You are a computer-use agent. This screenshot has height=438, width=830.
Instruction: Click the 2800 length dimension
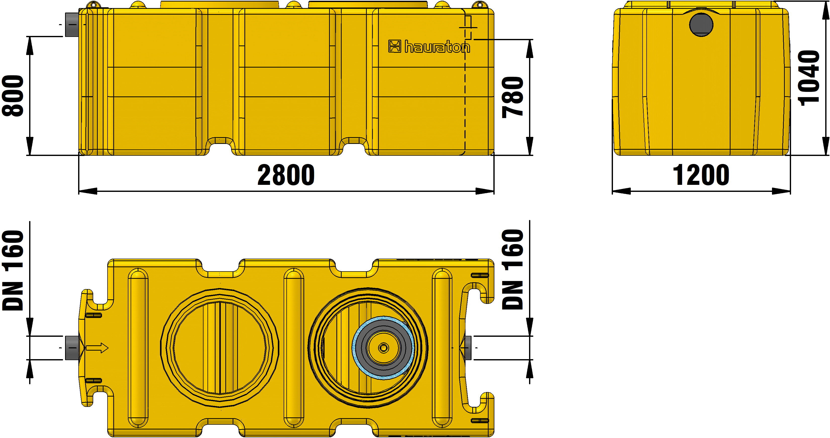pos(286,175)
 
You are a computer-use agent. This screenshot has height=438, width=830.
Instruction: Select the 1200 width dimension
pos(701,175)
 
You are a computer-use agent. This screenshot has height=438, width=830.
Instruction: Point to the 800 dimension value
pos(13,96)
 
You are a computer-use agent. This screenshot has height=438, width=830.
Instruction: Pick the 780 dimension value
pos(513,97)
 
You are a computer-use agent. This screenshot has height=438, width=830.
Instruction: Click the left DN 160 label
pos(13,270)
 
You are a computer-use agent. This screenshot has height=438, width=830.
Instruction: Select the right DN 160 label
pos(513,269)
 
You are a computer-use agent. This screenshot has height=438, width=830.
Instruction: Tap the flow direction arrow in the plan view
pos(97,348)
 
